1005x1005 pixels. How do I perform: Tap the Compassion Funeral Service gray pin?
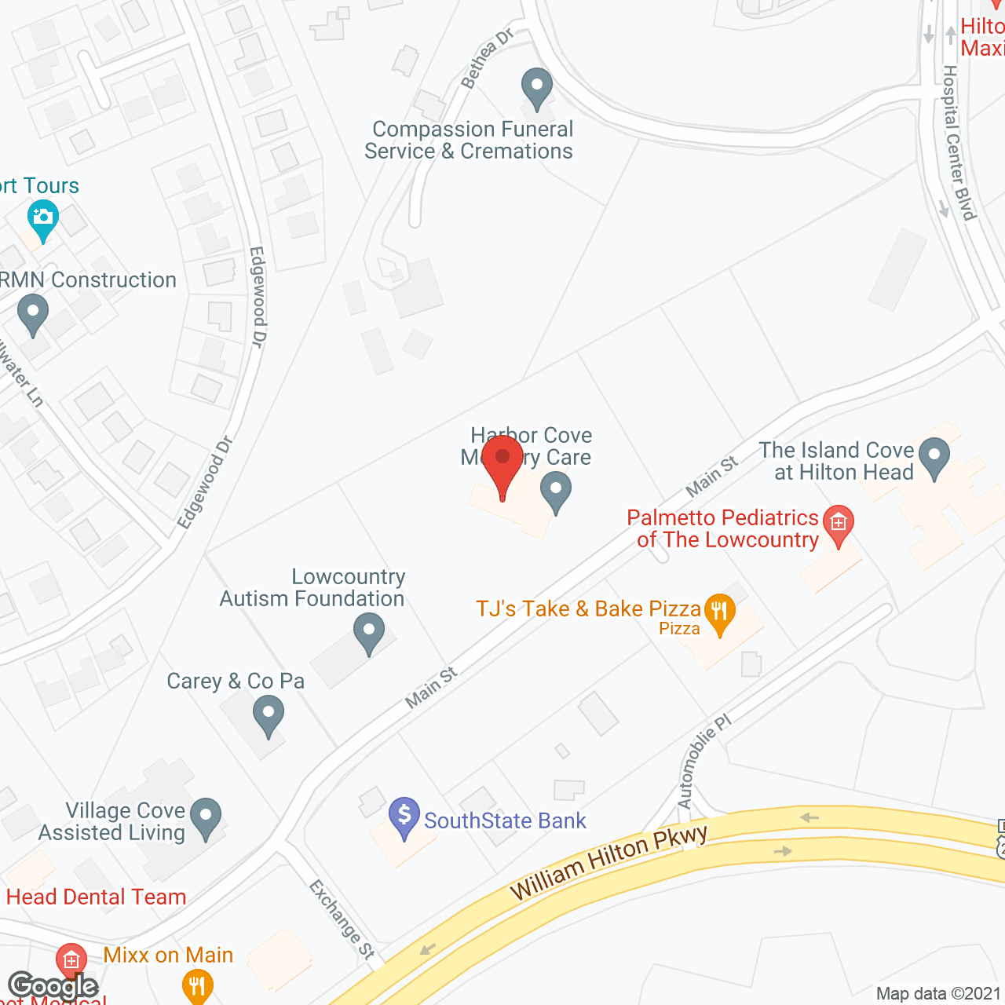click(537, 88)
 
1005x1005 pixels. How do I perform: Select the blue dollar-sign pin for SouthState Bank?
click(404, 817)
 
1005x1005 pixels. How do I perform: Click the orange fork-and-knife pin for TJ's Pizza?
click(719, 613)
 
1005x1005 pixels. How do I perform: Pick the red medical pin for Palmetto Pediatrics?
click(839, 524)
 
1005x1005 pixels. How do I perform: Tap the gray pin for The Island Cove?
click(934, 457)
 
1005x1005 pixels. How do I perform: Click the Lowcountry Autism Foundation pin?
click(368, 633)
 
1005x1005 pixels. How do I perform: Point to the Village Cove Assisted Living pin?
click(206, 818)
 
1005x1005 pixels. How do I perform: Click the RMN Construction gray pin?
click(33, 313)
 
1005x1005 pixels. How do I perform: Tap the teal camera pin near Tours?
click(42, 220)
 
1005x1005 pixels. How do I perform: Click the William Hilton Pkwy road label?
click(608, 862)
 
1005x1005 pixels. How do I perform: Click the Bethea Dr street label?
click(487, 57)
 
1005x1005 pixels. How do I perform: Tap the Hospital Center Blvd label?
click(959, 142)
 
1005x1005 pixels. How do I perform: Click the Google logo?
click(53, 986)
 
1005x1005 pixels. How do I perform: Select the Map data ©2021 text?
click(938, 994)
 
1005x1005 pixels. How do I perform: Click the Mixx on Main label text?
click(169, 955)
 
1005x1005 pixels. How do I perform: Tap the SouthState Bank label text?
click(505, 821)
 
